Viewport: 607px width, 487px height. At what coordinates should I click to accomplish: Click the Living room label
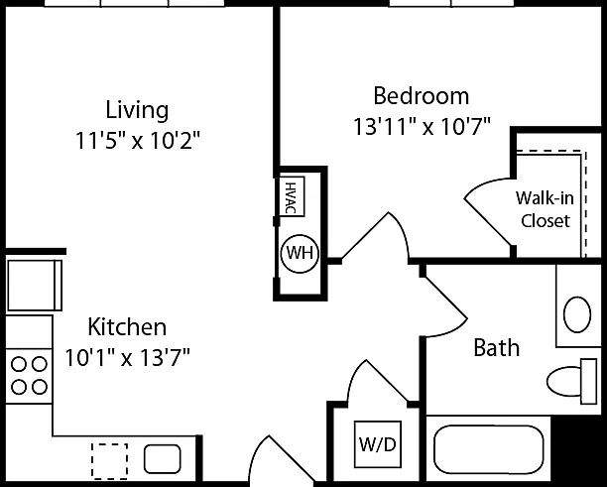tap(137, 110)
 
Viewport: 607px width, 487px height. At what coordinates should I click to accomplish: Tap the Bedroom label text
tap(422, 95)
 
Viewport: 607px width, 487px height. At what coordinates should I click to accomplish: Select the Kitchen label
tap(127, 327)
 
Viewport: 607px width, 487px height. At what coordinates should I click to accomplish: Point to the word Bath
tap(497, 347)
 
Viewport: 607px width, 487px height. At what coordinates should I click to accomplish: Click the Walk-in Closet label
tap(545, 209)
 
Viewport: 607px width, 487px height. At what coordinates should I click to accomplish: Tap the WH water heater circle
tap(300, 253)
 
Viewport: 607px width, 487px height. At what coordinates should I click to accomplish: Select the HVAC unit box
tap(292, 196)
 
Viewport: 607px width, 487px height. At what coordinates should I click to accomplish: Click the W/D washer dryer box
tap(378, 444)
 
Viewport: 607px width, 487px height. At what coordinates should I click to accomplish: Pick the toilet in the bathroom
tap(572, 381)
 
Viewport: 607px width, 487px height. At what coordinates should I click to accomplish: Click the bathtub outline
tap(489, 449)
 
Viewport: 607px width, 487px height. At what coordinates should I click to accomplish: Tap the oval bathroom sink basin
tap(577, 314)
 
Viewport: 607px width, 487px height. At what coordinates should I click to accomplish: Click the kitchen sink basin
tap(163, 459)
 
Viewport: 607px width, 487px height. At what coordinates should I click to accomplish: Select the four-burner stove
tap(29, 376)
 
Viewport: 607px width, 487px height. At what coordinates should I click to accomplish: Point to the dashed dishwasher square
tap(109, 461)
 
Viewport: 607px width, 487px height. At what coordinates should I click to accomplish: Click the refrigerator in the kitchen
tap(34, 285)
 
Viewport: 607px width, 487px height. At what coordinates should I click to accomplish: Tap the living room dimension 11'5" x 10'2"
tap(138, 141)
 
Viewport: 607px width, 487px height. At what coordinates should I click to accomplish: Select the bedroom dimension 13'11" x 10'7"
tap(422, 126)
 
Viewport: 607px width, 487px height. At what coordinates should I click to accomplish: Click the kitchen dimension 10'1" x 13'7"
tap(127, 357)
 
